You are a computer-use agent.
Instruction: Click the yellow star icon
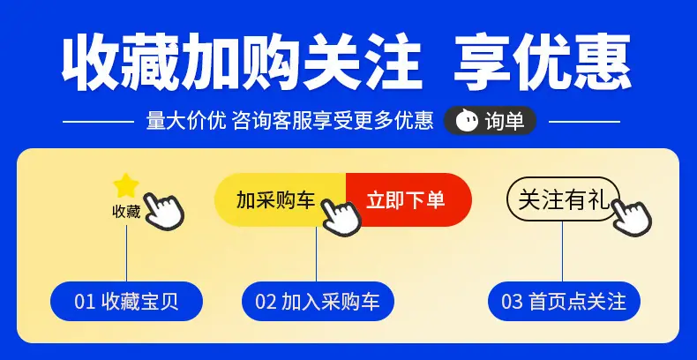126,186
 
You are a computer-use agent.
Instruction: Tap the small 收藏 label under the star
126,212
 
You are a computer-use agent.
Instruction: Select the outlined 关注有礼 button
563,199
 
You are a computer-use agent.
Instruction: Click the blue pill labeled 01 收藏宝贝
126,302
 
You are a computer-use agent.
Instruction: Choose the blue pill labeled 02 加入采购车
318,302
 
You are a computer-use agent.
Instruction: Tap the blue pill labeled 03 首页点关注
564,302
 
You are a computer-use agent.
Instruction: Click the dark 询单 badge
491,121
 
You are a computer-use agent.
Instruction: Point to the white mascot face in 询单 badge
467,121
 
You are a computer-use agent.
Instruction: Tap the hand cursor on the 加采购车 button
341,216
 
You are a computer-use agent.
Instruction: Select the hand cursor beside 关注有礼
632,216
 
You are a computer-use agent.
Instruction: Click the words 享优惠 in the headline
543,62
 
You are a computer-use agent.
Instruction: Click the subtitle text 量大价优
186,121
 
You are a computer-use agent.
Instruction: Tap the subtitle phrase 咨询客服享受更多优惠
333,121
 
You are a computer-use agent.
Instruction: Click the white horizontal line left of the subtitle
98,121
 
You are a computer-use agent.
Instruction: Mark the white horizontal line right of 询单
584,121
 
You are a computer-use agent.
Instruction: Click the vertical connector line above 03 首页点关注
562,251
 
